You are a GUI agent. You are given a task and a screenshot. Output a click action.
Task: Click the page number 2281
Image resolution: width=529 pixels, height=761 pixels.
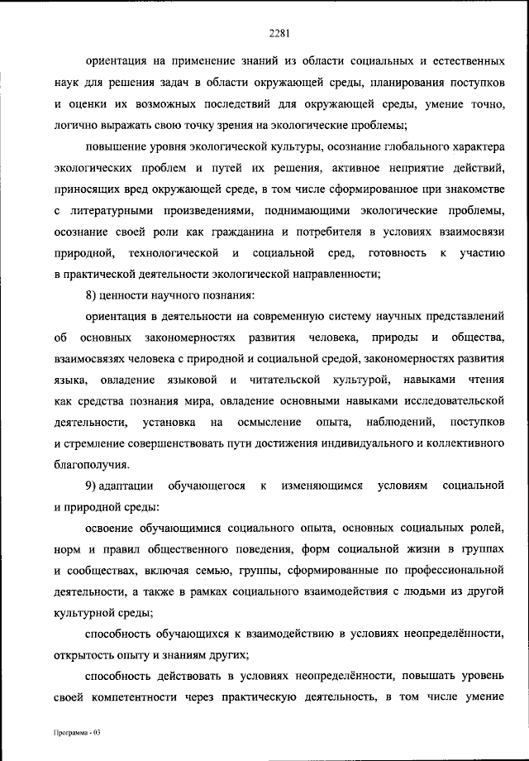(278, 34)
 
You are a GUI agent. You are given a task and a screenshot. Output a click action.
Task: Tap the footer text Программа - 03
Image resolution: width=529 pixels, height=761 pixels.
(75, 733)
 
